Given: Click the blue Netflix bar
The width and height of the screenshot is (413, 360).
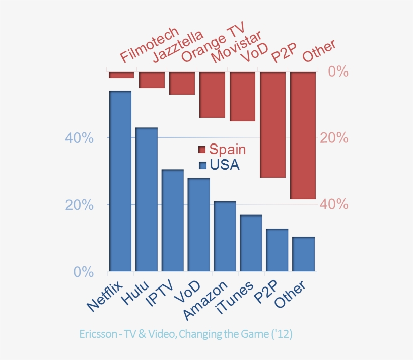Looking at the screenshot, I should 120,181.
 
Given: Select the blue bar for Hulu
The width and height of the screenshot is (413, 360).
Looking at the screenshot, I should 147,199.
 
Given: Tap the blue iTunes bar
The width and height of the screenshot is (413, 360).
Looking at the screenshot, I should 251,243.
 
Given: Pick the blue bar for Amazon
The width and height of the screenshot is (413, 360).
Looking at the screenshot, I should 225,236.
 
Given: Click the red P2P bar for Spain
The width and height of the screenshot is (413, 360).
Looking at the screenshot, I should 273,124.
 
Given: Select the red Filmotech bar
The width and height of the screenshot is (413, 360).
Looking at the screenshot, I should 121,75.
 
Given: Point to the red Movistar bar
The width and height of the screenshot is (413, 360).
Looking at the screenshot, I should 213,95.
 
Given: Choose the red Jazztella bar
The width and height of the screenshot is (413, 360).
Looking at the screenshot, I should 152,80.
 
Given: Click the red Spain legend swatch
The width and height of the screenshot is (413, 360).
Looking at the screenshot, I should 202,150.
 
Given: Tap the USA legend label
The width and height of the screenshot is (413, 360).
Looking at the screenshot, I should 225,165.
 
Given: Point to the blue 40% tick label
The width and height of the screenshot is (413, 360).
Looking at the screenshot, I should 80,138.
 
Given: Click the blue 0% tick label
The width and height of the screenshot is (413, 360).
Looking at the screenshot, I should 84,272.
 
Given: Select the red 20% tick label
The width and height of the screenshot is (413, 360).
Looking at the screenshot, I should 333,138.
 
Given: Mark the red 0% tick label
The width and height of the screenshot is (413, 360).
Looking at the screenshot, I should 338,71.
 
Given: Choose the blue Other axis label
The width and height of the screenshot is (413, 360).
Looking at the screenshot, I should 292,296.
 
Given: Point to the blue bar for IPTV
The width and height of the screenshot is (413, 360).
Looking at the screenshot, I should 172,221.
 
